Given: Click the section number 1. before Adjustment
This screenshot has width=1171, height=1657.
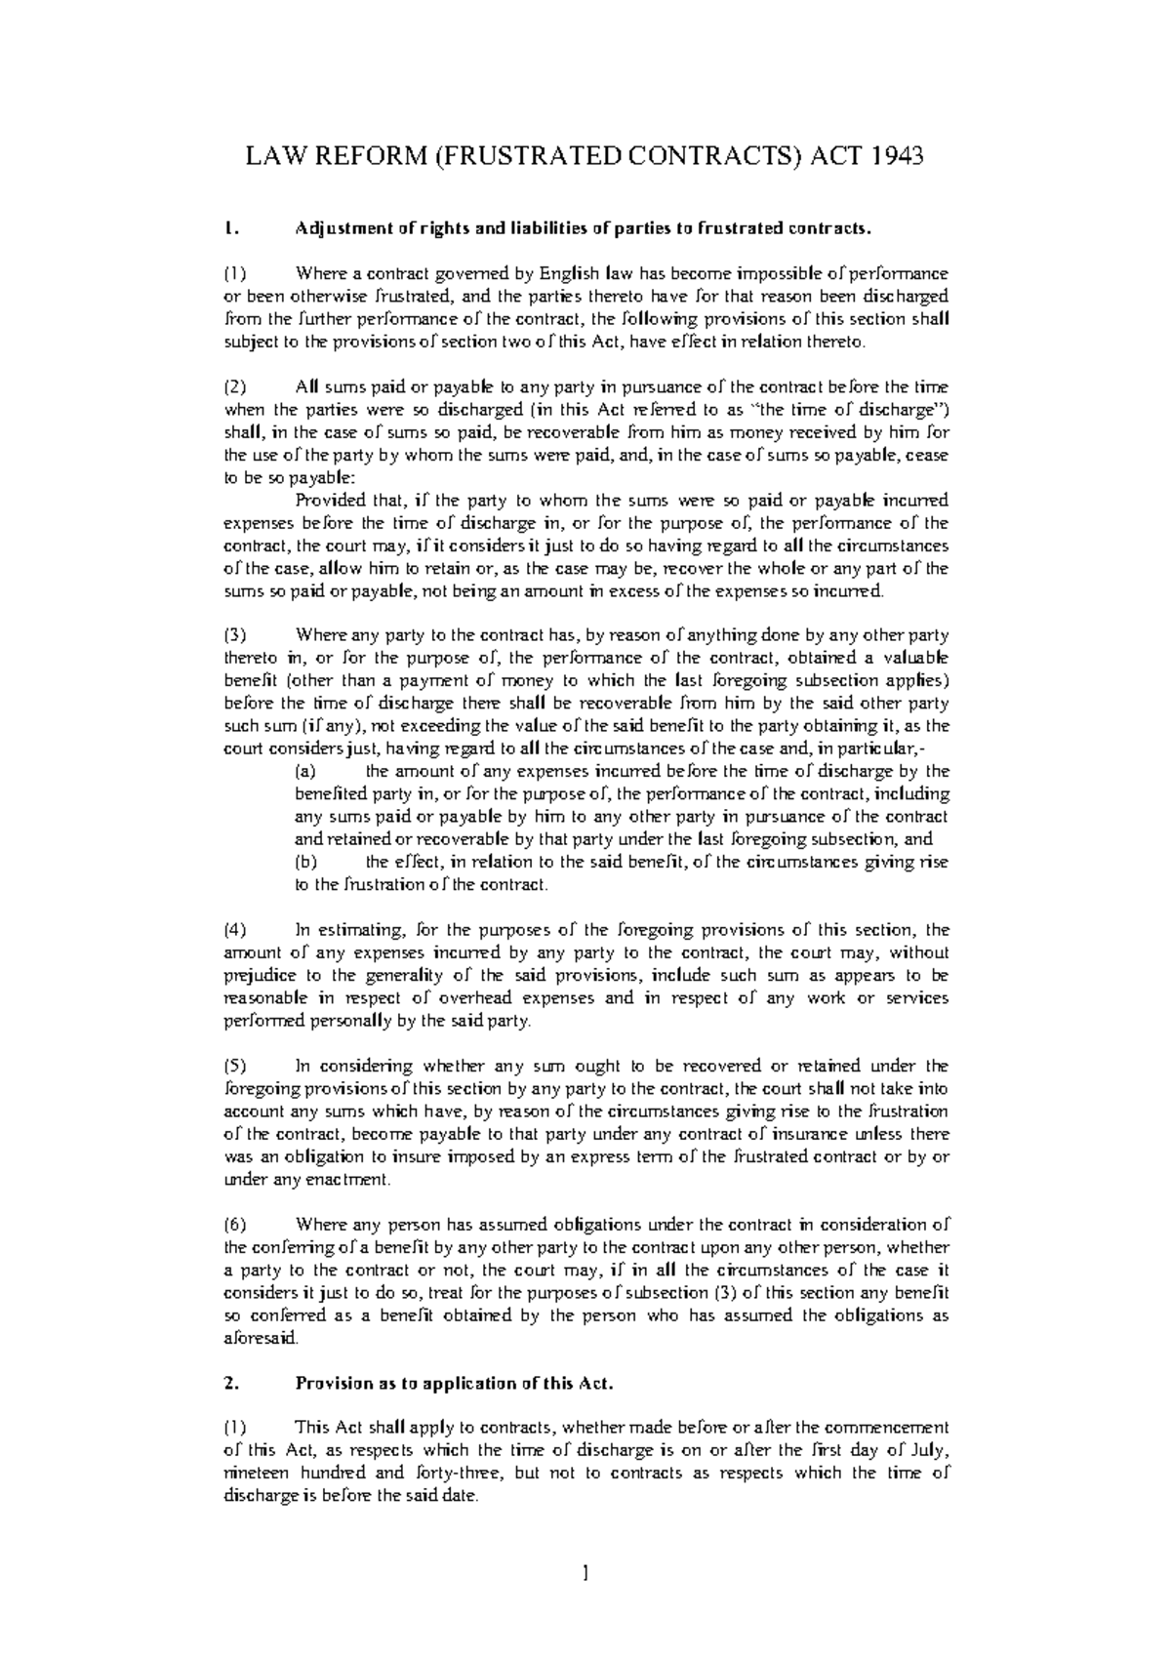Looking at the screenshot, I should point(229,229).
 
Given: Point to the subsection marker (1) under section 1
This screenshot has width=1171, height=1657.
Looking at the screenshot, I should point(235,274).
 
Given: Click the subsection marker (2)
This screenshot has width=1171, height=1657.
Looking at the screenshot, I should point(235,387).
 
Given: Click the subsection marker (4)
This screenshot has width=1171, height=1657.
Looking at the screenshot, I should point(235,930).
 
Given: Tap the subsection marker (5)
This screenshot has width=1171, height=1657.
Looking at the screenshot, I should point(235,1067).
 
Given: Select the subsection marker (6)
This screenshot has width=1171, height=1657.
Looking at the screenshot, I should point(235,1225).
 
